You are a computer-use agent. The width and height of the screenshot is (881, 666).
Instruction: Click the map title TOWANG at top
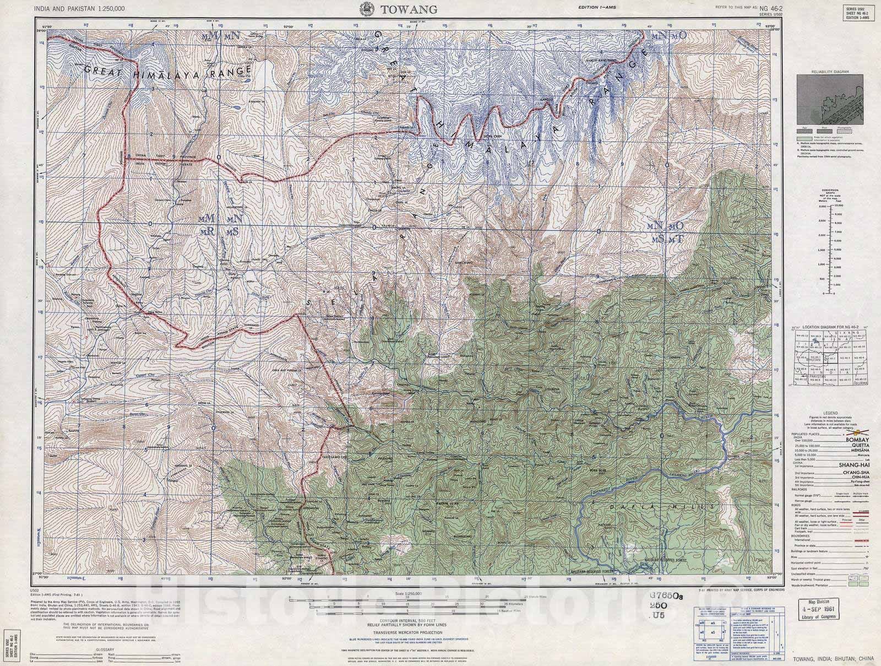[x=408, y=9]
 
